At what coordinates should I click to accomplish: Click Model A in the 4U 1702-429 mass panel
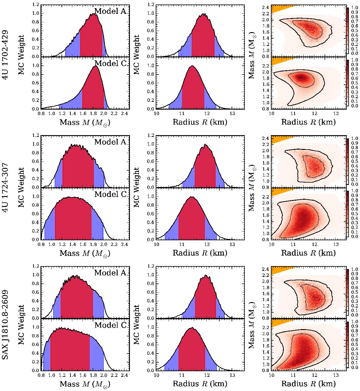click(x=110, y=11)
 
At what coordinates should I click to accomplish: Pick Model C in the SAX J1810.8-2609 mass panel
click(x=110, y=325)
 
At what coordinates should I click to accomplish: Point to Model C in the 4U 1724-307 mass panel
click(x=110, y=194)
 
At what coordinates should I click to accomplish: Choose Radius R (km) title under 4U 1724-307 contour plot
click(x=308, y=253)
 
